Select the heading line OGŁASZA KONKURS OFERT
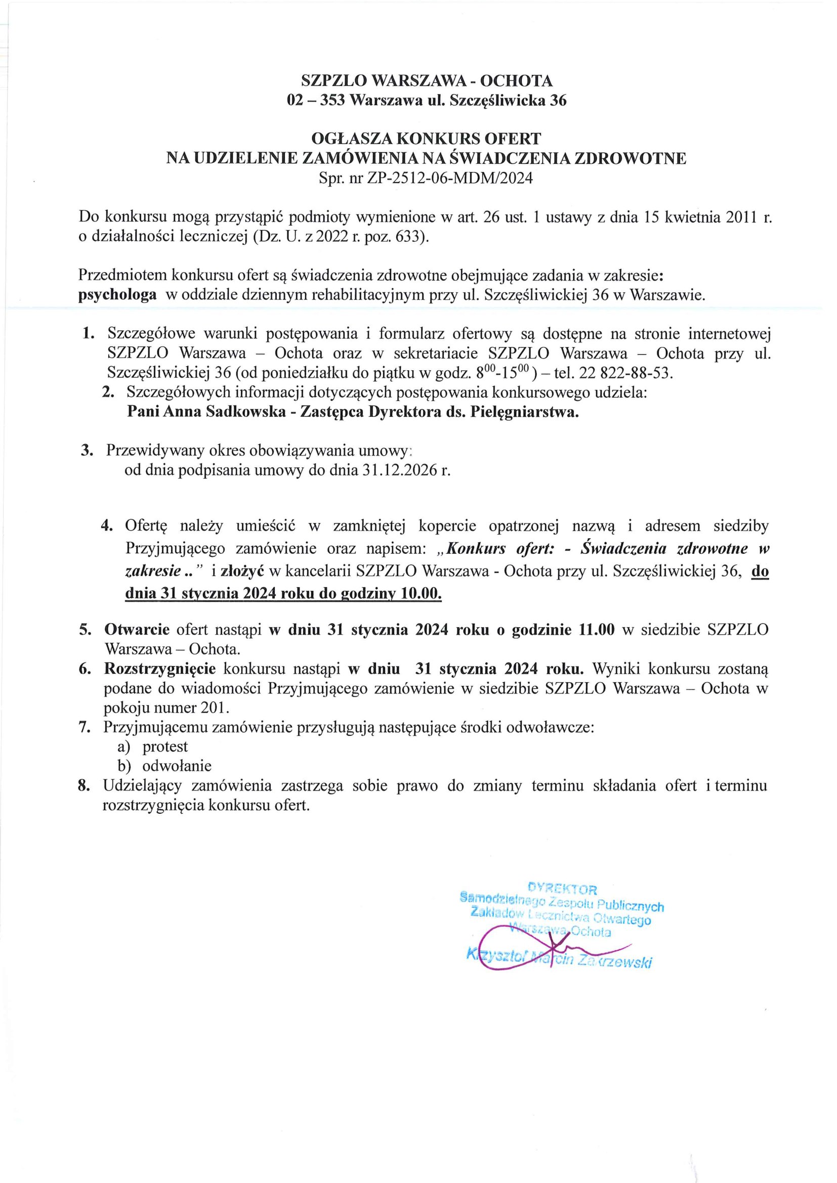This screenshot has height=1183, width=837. pyautogui.click(x=426, y=139)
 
